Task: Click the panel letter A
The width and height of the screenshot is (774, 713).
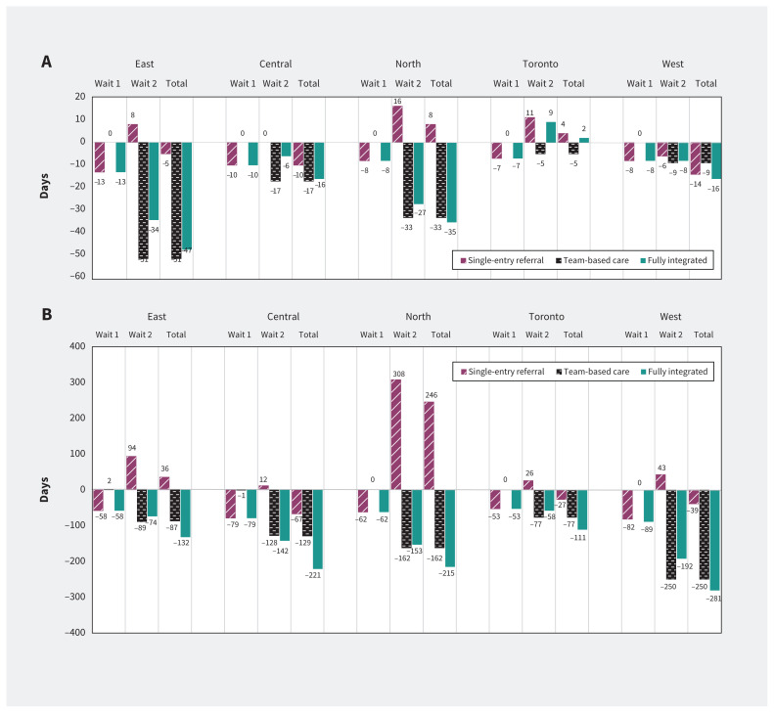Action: (46, 61)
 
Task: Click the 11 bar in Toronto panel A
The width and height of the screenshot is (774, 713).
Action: (529, 129)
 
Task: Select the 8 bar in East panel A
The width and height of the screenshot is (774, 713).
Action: (132, 133)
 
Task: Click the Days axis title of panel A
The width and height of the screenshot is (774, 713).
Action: (45, 188)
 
